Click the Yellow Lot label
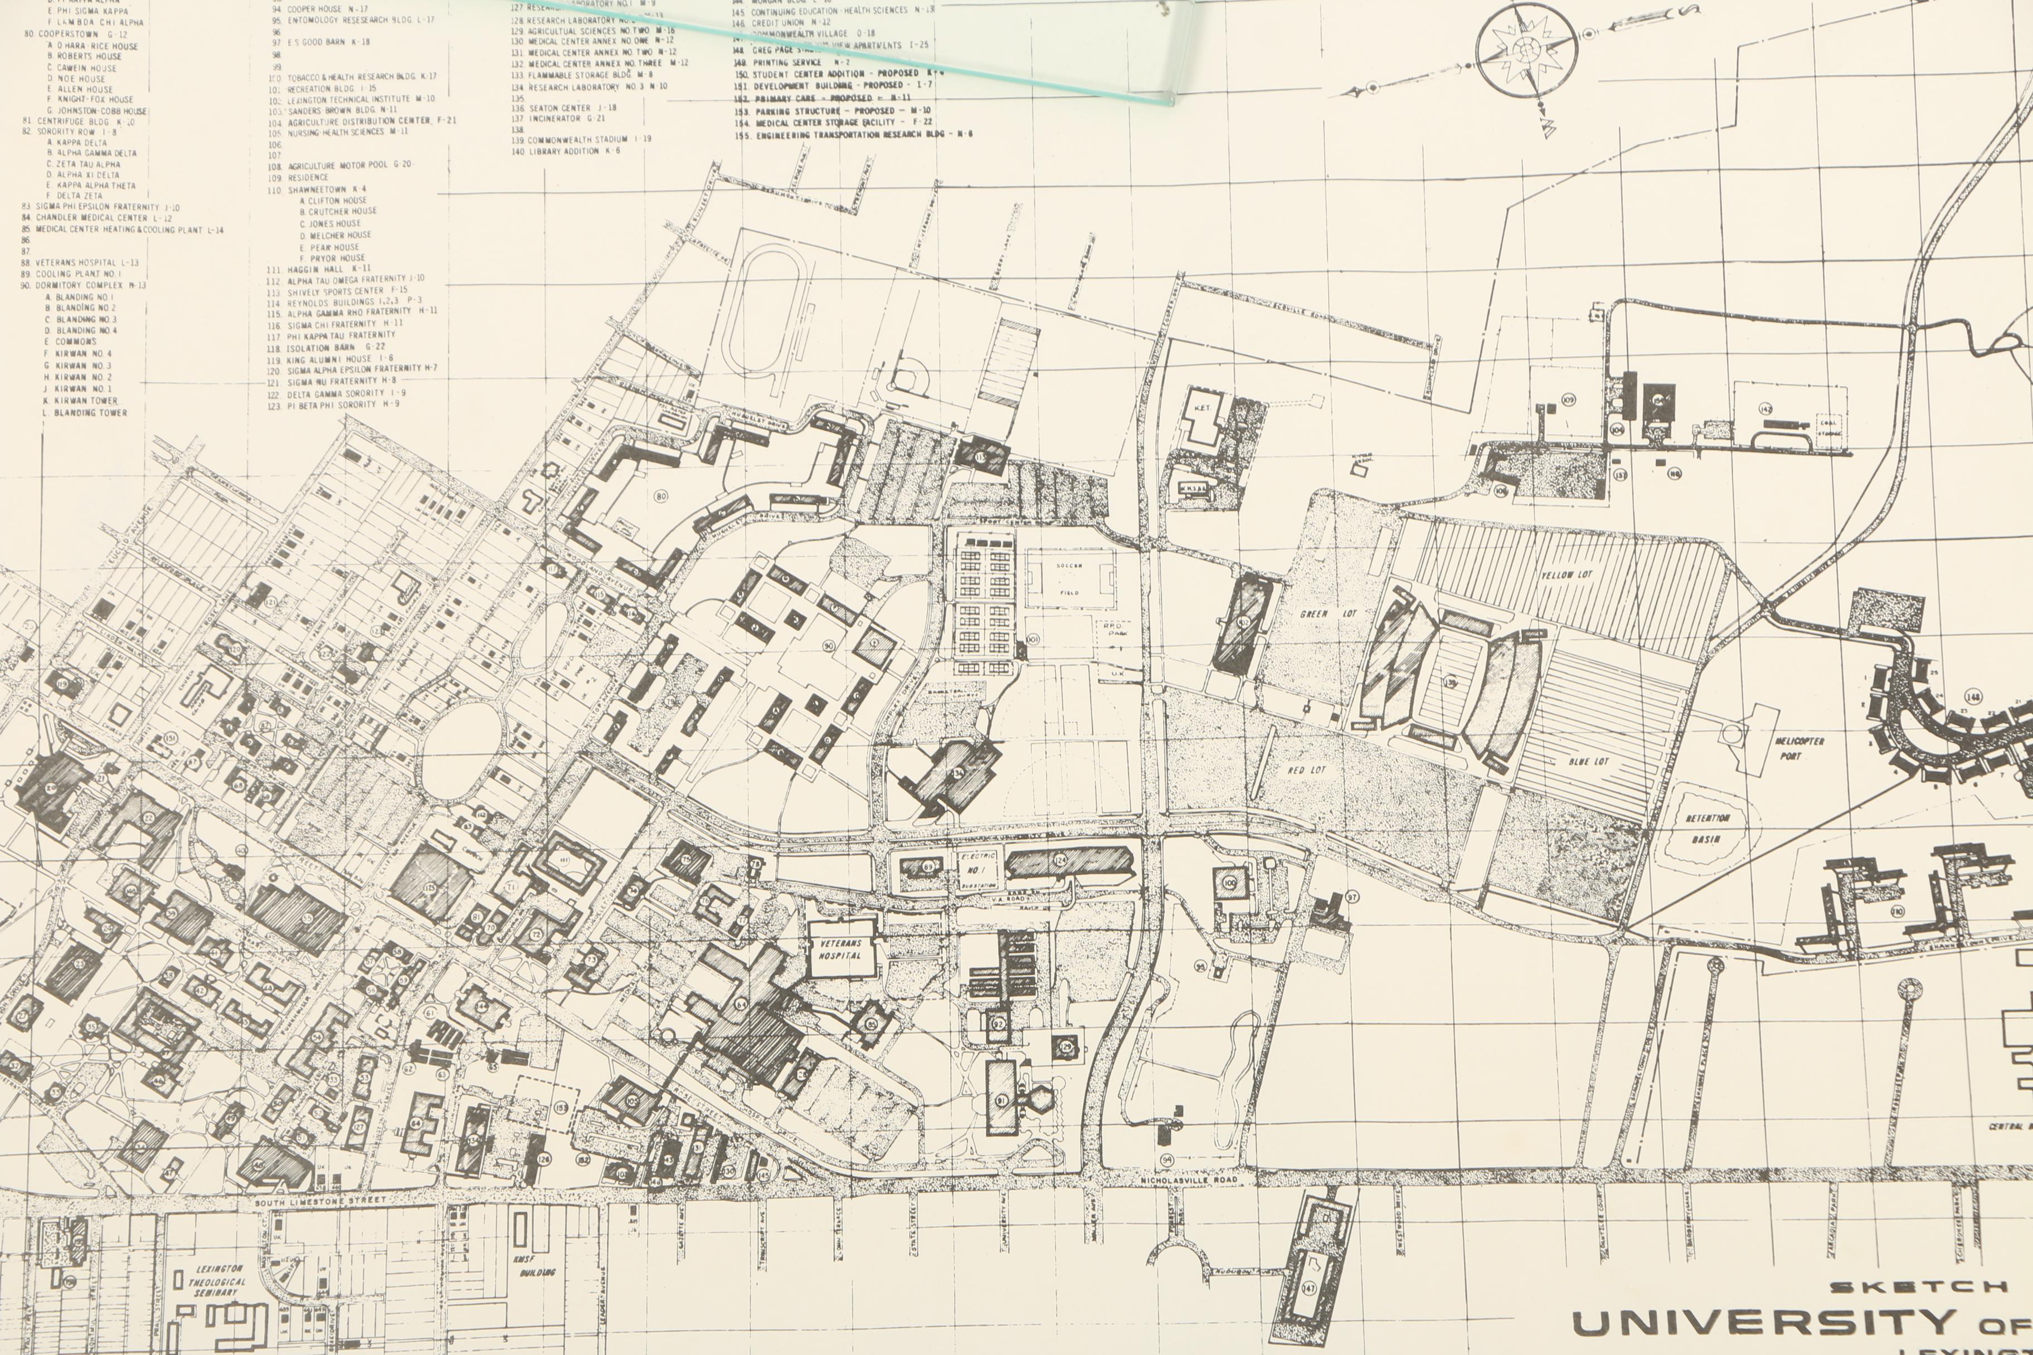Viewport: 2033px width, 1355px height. tap(1565, 574)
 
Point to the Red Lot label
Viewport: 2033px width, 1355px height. tap(1306, 769)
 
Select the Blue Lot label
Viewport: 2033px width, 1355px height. tap(1589, 761)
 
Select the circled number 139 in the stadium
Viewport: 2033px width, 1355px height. tap(1450, 683)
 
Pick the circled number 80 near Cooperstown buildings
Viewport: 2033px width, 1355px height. tap(662, 496)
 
